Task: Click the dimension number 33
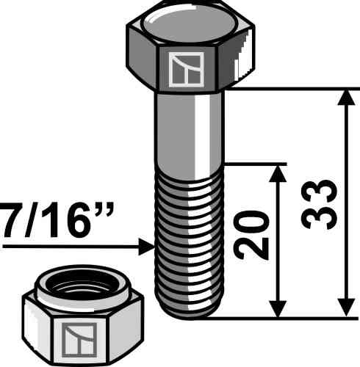[319, 205]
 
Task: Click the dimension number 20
[251, 235]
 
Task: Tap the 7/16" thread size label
[57, 219]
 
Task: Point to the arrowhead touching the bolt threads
[146, 247]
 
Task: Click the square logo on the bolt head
[187, 70]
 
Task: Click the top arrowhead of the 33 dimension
[346, 98]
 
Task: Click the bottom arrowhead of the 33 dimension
[346, 308]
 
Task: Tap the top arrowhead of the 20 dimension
[278, 173]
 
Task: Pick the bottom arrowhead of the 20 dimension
[278, 309]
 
